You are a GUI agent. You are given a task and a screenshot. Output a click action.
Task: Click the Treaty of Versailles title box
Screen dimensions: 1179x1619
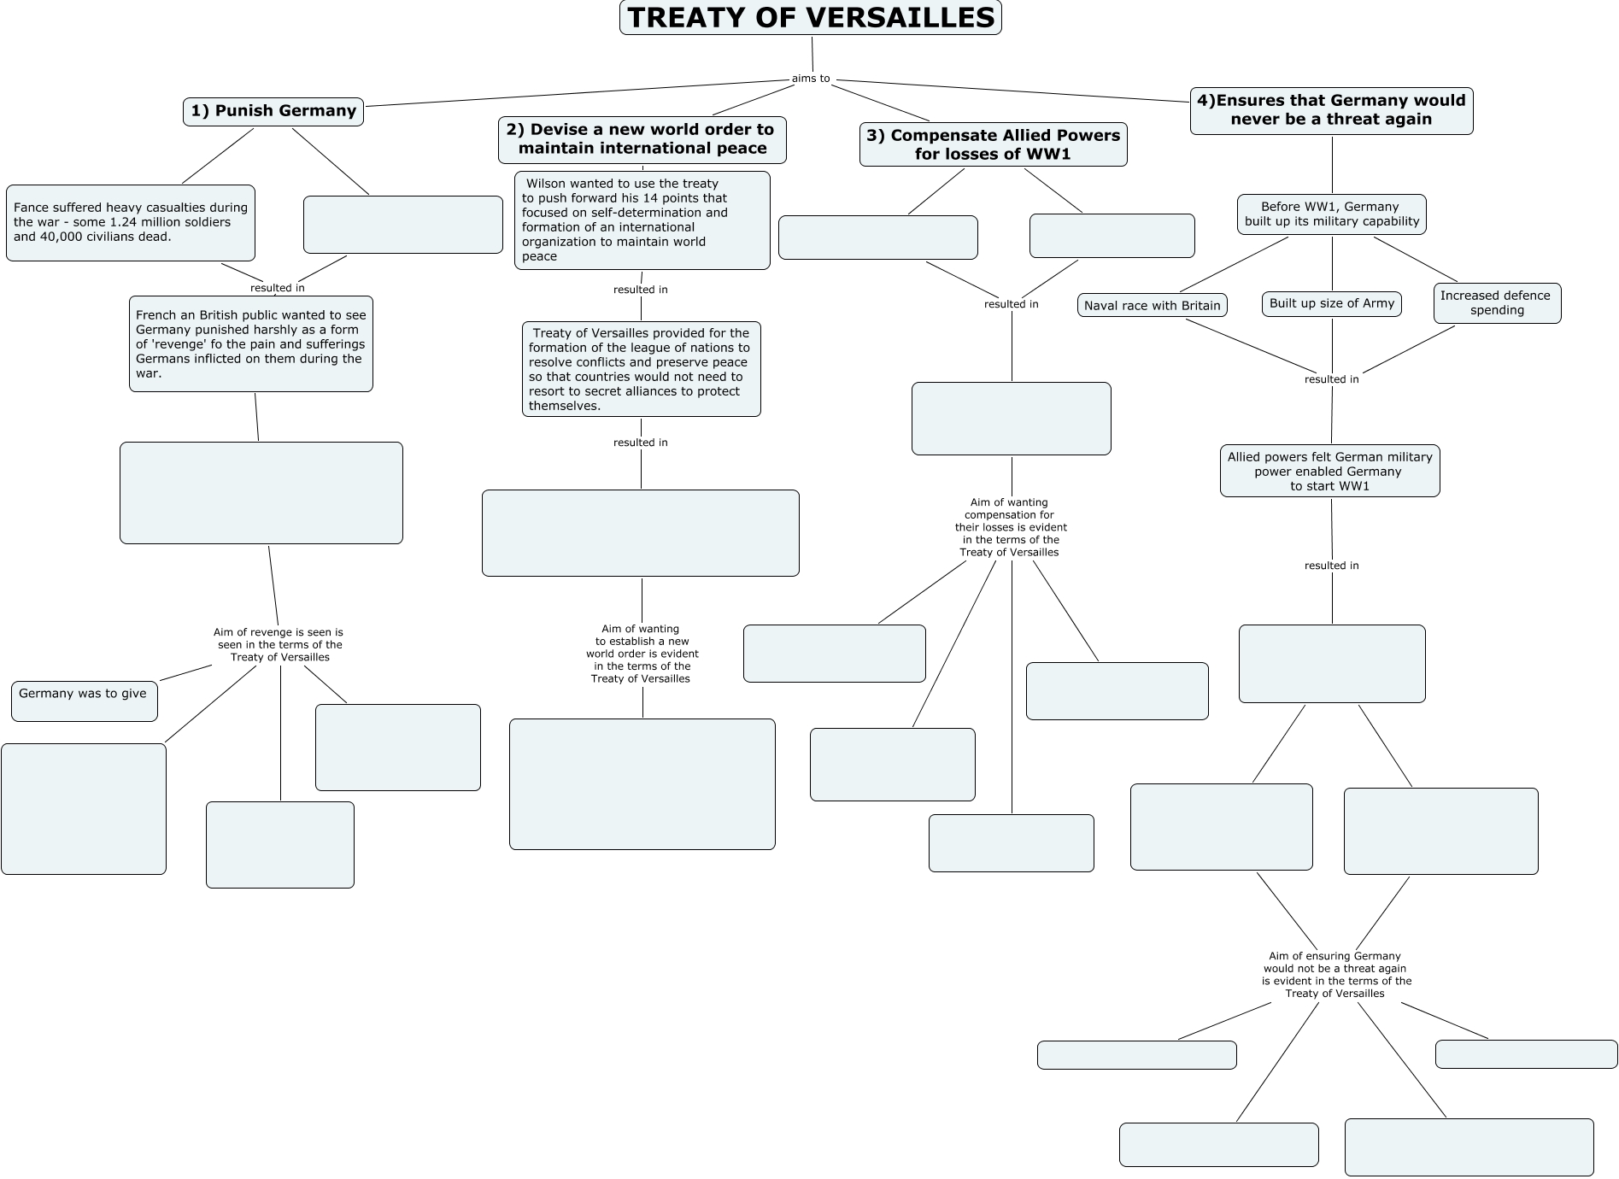coord(810,18)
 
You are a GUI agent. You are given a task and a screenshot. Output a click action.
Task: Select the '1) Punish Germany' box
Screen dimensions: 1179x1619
coord(273,111)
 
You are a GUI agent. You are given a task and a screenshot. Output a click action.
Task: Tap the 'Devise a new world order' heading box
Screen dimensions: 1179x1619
coord(642,139)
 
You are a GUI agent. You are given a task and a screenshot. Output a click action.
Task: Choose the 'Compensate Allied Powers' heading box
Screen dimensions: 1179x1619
coord(993,144)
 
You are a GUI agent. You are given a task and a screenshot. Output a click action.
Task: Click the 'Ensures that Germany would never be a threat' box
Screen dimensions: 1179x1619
coord(1331,110)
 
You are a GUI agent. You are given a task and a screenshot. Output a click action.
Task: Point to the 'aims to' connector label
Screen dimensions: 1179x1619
coord(811,79)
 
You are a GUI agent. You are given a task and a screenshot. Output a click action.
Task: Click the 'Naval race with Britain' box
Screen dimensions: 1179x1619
coord(1152,306)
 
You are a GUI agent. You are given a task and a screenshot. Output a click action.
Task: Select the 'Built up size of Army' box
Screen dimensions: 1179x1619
coord(1331,303)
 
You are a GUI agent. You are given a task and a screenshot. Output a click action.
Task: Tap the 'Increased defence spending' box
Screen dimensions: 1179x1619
coord(1496,303)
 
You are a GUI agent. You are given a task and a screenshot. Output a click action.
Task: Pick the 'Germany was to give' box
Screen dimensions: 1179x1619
coord(84,701)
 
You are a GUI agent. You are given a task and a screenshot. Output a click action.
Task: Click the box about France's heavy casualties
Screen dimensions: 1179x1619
coord(130,222)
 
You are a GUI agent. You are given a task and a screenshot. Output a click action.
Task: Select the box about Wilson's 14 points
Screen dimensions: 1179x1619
coord(642,220)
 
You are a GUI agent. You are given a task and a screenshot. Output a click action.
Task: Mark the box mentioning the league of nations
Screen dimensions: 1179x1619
coord(641,369)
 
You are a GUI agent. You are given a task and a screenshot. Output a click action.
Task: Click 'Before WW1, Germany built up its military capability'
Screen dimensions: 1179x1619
coord(1331,214)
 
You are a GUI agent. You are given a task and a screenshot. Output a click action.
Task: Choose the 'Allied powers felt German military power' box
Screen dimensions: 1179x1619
coord(1329,471)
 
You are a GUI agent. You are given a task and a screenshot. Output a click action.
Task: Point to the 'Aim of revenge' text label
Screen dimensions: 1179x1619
coord(279,645)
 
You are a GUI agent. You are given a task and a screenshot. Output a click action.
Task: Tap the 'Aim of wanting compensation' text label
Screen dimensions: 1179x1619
coord(1010,527)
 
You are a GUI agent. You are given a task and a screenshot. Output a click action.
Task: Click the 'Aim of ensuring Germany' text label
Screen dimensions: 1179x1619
coord(1335,975)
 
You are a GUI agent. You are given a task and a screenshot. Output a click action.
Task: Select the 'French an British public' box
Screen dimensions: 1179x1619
coord(250,344)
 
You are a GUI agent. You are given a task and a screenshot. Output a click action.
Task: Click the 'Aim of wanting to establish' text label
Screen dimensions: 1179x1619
coord(642,654)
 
